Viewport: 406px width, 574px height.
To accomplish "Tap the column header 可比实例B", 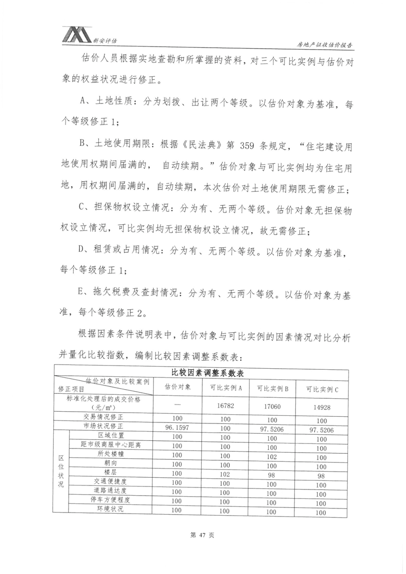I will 272,388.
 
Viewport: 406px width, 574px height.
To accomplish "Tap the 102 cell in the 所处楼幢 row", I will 272,456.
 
